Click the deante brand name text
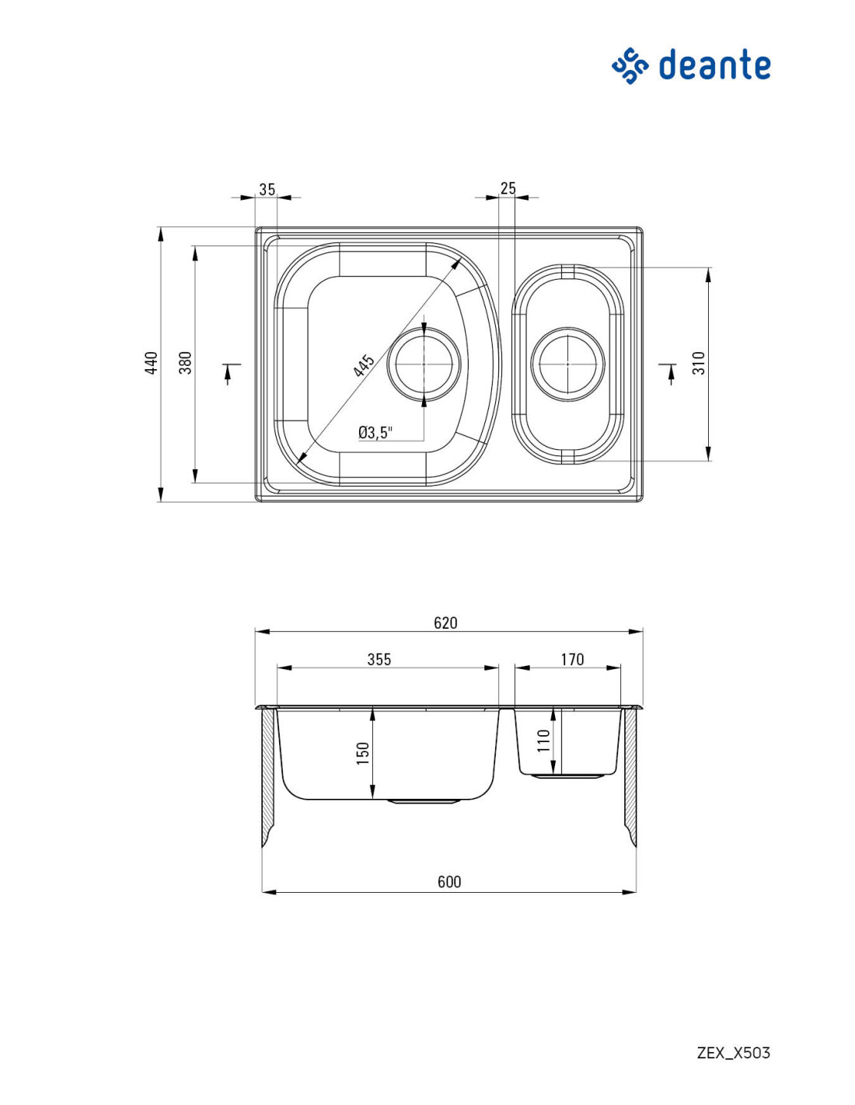click(x=714, y=64)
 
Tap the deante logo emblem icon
click(x=630, y=65)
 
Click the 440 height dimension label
click(x=151, y=363)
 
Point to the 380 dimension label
click(x=187, y=363)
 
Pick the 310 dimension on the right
click(x=700, y=363)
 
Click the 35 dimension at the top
click(x=267, y=189)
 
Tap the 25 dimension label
click(x=508, y=188)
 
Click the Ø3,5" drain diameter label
click(x=375, y=433)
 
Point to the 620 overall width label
click(x=445, y=622)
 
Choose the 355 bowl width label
click(x=379, y=660)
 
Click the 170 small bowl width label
click(x=572, y=660)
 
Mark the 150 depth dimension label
click(x=362, y=754)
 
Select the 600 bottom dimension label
click(x=449, y=882)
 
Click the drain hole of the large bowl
click(x=424, y=364)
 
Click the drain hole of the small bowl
click(x=567, y=364)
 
